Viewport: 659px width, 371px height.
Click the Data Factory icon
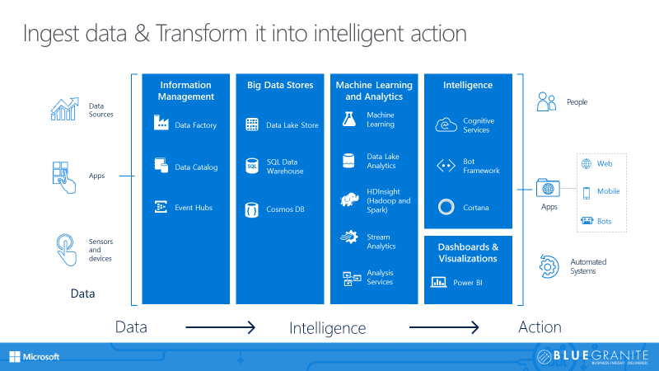point(161,124)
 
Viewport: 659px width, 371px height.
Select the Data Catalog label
point(196,167)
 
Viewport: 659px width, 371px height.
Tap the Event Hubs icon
point(161,208)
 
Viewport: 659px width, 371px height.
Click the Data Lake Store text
point(292,125)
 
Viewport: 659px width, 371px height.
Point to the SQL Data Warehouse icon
point(252,167)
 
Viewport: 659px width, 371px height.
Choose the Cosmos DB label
point(285,209)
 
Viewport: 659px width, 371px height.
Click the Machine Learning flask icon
point(348,120)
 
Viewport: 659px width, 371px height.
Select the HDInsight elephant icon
point(348,198)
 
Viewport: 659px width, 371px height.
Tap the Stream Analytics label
point(381,241)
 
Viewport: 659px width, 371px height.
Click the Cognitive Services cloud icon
point(446,125)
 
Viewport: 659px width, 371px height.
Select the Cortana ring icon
point(446,207)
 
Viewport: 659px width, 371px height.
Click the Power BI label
point(467,282)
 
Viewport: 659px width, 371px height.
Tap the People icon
point(547,102)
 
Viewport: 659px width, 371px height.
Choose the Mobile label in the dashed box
point(608,191)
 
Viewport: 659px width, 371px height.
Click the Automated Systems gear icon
point(549,265)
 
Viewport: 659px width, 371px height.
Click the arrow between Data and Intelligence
point(221,328)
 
